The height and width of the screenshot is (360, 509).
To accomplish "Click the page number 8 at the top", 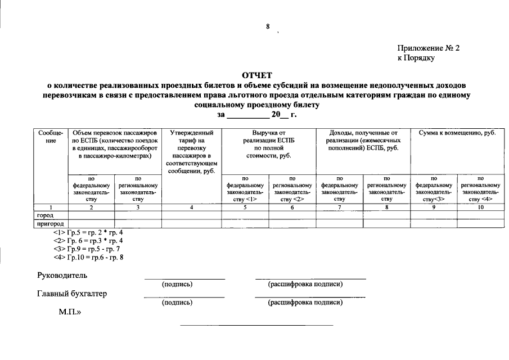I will click(x=268, y=27).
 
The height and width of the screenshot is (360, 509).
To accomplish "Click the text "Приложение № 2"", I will click(x=429, y=48).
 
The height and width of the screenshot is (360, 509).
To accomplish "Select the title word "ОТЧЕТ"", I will click(x=256, y=75).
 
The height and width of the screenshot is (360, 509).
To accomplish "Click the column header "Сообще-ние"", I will click(x=51, y=136).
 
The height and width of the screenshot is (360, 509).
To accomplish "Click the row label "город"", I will click(x=46, y=215).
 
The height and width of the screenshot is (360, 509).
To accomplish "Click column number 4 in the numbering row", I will click(x=191, y=208).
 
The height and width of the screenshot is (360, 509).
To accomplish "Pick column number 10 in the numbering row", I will click(x=480, y=208).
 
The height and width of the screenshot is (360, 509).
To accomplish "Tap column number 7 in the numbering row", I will click(x=339, y=208).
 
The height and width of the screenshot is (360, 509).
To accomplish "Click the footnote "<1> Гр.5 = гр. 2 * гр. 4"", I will click(x=88, y=232).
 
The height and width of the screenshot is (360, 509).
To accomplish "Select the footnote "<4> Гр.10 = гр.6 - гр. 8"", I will click(x=88, y=258).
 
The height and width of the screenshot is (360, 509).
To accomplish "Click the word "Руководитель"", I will click(x=62, y=276).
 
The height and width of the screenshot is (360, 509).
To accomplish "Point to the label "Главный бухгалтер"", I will click(x=72, y=294).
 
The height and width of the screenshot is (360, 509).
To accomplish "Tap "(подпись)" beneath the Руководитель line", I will click(x=177, y=285).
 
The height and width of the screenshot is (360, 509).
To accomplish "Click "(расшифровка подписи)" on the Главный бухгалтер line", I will click(x=305, y=303).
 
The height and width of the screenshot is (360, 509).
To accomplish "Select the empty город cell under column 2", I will click(x=92, y=215).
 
